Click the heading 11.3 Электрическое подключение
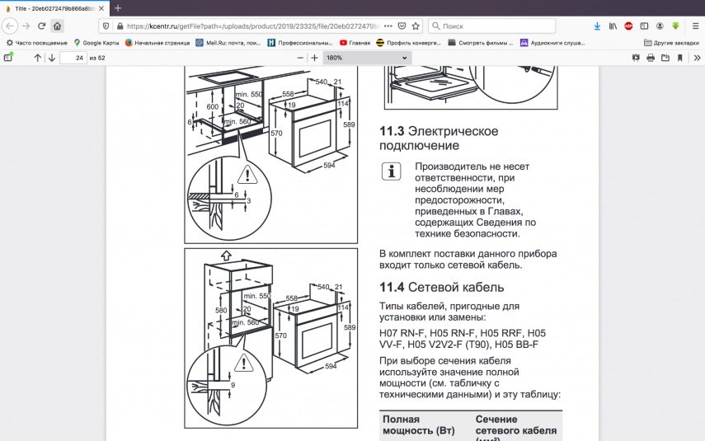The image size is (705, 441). pos(438,138)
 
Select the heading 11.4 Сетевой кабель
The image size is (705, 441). pos(441,287)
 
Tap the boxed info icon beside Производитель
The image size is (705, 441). pos(391,171)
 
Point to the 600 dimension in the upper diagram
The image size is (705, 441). pos(212,107)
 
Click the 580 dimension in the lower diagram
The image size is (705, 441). pos(221,310)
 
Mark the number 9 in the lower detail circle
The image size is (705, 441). pos(233,385)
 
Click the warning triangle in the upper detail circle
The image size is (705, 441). pos(246,175)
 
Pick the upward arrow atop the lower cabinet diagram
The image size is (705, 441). pos(226,256)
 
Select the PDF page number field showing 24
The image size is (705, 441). pos(73,58)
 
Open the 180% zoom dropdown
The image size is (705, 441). pos(367,58)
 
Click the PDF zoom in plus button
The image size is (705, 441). pos(314,58)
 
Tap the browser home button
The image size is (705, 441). pos(57,26)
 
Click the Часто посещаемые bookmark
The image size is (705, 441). pos(37,42)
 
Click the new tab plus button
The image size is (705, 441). pos(118,7)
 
